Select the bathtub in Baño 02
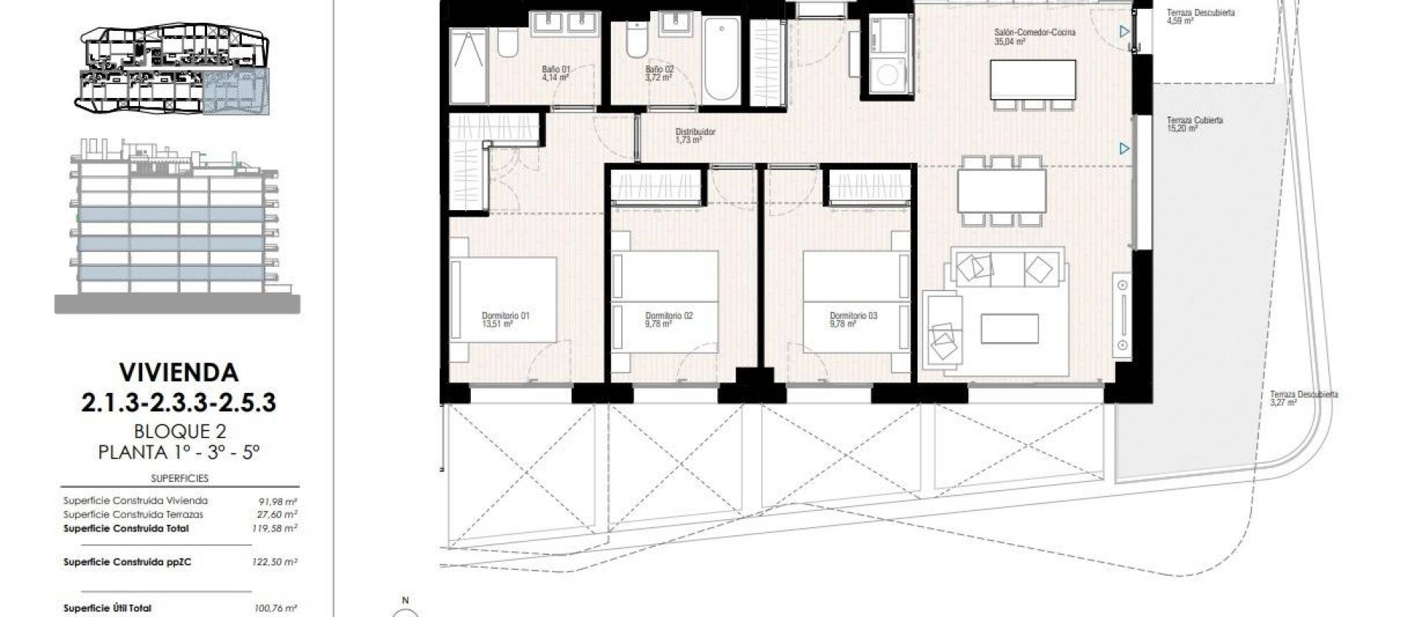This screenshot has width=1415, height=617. point(721,59)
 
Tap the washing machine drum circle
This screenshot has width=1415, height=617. point(890,75)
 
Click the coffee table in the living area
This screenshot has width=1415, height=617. point(1010,329)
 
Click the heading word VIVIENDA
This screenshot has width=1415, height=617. point(179,372)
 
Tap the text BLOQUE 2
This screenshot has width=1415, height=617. point(179,430)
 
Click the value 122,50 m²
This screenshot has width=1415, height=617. point(275,562)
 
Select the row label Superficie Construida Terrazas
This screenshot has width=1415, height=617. point(133,515)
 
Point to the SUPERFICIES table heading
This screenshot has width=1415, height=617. point(180,478)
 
